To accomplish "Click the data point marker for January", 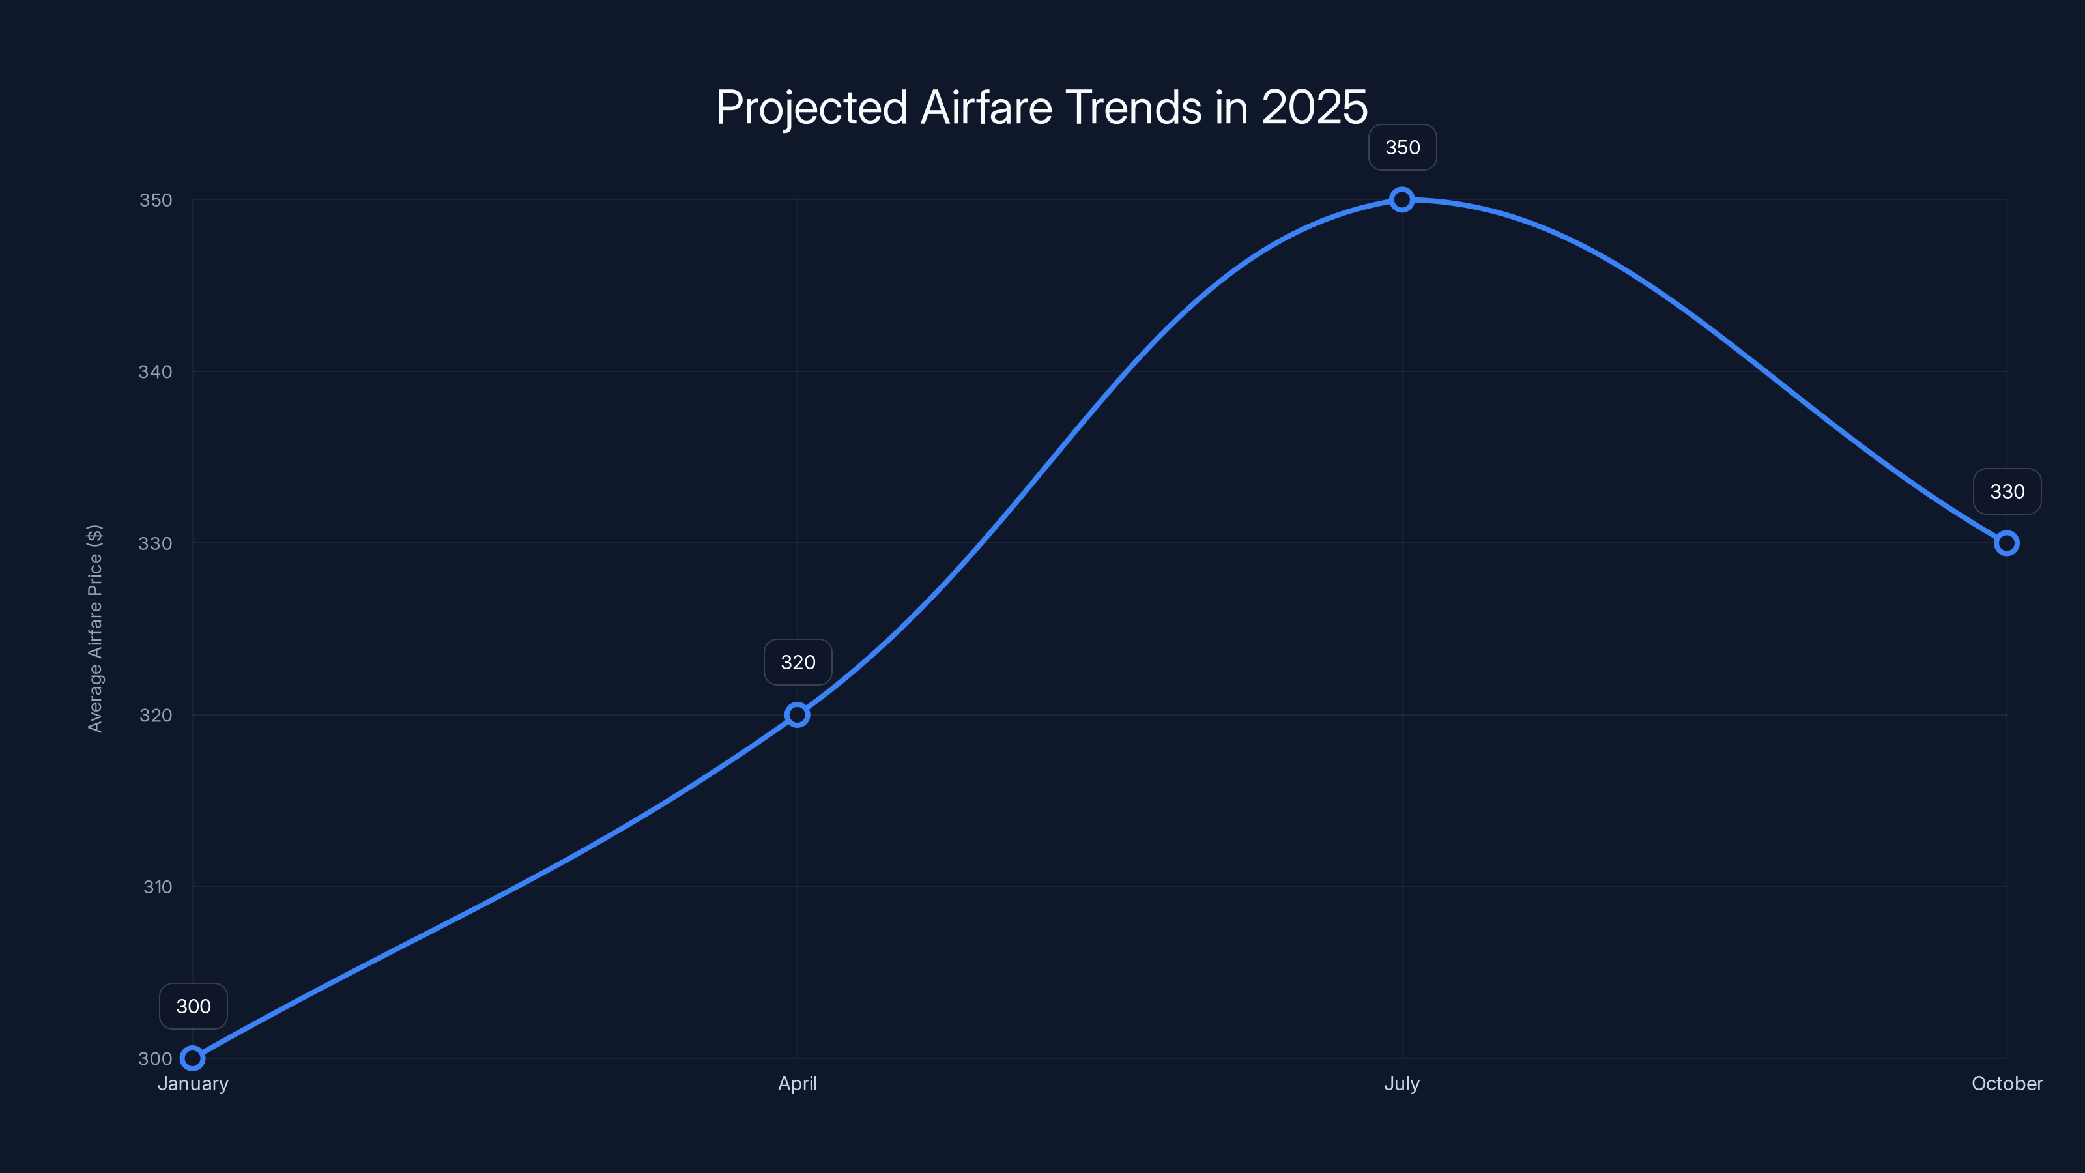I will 193,1058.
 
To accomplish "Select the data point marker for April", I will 798,715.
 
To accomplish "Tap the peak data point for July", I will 1402,200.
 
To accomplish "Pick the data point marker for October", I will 2007,543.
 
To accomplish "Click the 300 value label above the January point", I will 194,1006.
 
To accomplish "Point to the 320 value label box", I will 798,662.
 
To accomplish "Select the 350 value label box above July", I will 1403,147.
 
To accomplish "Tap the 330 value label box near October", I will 2007,491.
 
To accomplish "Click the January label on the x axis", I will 193,1084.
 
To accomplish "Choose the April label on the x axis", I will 798,1084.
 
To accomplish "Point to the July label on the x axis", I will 1402,1084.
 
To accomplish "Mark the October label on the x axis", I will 2007,1084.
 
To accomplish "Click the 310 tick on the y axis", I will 158,887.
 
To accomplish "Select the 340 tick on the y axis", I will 156,371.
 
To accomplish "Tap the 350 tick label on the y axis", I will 156,200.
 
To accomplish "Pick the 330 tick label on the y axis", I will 156,543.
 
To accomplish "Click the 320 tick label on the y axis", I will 156,716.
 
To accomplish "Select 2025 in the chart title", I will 1314,108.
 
